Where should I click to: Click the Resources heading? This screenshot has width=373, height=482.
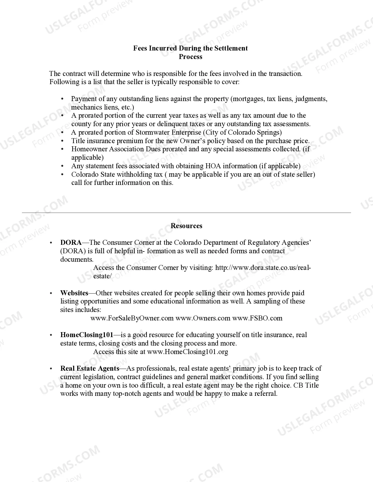186,226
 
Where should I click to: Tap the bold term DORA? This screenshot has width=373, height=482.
71,242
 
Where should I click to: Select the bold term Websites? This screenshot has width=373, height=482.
74,293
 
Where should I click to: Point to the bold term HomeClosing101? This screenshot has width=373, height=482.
87,335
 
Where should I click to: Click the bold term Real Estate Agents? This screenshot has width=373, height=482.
90,368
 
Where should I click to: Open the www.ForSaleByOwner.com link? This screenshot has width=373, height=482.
132,318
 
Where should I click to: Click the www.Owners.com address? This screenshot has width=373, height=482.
203,318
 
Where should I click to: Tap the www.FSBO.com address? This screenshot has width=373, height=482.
257,318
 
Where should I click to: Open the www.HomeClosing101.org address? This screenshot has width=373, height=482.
188,352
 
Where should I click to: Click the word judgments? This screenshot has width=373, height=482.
311,99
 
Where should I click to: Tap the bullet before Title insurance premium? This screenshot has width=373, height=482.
62,141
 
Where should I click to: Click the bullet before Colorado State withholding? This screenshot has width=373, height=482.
62,174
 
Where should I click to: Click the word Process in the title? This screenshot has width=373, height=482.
190,57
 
